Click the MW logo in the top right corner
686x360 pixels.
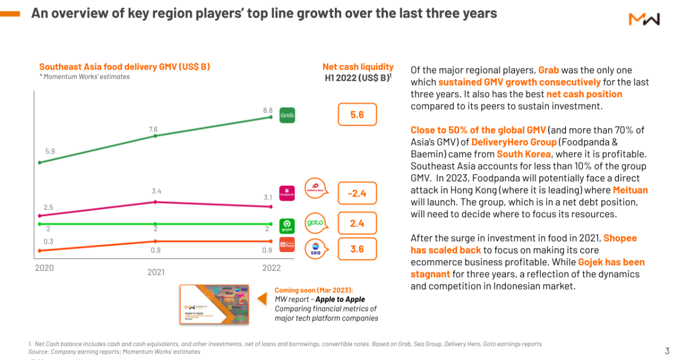click(x=644, y=19)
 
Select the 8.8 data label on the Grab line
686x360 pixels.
click(x=268, y=110)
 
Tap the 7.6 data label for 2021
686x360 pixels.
click(x=153, y=129)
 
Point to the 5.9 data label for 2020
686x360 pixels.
click(x=49, y=152)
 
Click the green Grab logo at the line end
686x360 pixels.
click(x=287, y=116)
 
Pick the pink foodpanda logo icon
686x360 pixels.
click(x=286, y=194)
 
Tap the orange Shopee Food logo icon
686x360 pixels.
click(x=286, y=245)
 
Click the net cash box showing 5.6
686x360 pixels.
click(x=357, y=115)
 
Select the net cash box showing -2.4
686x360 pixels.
click(x=357, y=194)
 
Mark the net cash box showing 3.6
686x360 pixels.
click(x=357, y=249)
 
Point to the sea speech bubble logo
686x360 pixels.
click(x=316, y=249)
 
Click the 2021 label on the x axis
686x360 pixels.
click(x=155, y=272)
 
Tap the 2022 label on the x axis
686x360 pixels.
click(x=272, y=267)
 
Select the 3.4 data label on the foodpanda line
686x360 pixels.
click(x=156, y=191)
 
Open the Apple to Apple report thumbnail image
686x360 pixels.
click(x=214, y=304)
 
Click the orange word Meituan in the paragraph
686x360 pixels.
click(x=630, y=190)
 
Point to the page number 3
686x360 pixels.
click(x=667, y=350)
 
